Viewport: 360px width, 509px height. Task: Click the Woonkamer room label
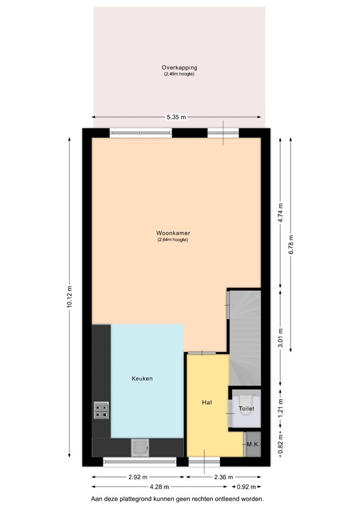click(x=173, y=233)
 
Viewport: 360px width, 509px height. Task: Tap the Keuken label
click(x=143, y=378)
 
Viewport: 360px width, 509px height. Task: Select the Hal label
click(x=206, y=402)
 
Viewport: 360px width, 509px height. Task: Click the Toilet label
click(x=247, y=410)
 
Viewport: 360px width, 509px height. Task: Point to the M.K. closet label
click(x=253, y=444)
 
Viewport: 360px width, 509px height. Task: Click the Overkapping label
click(x=179, y=68)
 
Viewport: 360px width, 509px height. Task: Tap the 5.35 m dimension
click(x=176, y=117)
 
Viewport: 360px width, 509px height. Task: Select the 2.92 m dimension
click(x=138, y=477)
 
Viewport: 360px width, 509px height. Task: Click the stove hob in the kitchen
click(x=101, y=411)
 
